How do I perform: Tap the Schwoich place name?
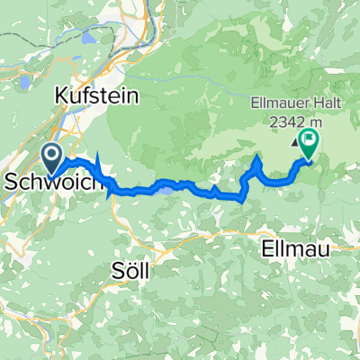click(43, 181)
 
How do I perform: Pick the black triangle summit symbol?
click(295, 140)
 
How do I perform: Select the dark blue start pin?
click(51, 158)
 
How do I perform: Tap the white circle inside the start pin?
click(51, 155)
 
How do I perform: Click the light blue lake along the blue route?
click(164, 187)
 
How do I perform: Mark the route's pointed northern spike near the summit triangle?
click(257, 158)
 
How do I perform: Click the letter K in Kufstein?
click(61, 94)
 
